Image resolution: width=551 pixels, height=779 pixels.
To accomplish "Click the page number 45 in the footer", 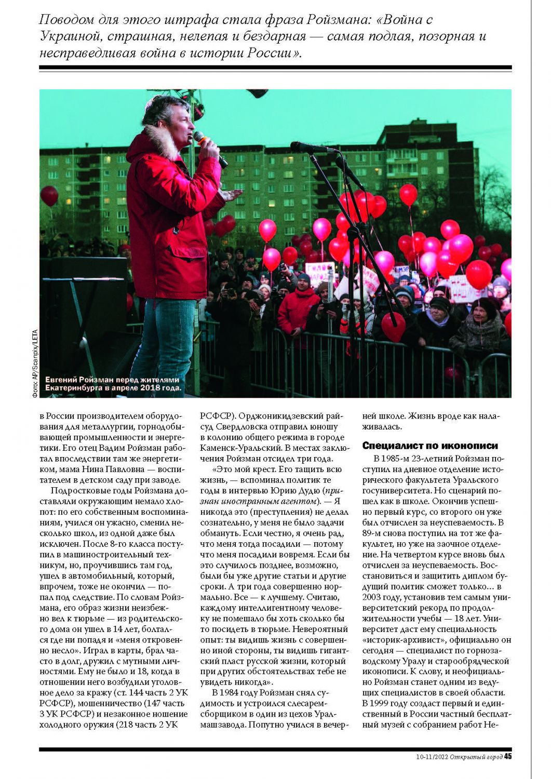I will (x=508, y=756).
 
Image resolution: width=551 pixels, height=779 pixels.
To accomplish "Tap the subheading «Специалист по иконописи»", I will (x=430, y=446).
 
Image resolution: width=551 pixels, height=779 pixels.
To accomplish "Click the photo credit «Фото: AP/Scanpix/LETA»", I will (x=35, y=364).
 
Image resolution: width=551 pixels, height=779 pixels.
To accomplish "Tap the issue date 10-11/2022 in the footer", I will (x=432, y=757).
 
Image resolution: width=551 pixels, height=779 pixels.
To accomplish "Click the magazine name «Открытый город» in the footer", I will (x=476, y=757).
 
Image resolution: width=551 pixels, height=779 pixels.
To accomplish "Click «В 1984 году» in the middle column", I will (x=235, y=693).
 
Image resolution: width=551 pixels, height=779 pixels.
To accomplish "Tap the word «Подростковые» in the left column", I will (x=81, y=490).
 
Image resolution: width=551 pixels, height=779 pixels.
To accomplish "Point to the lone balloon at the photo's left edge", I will (x=49, y=196).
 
